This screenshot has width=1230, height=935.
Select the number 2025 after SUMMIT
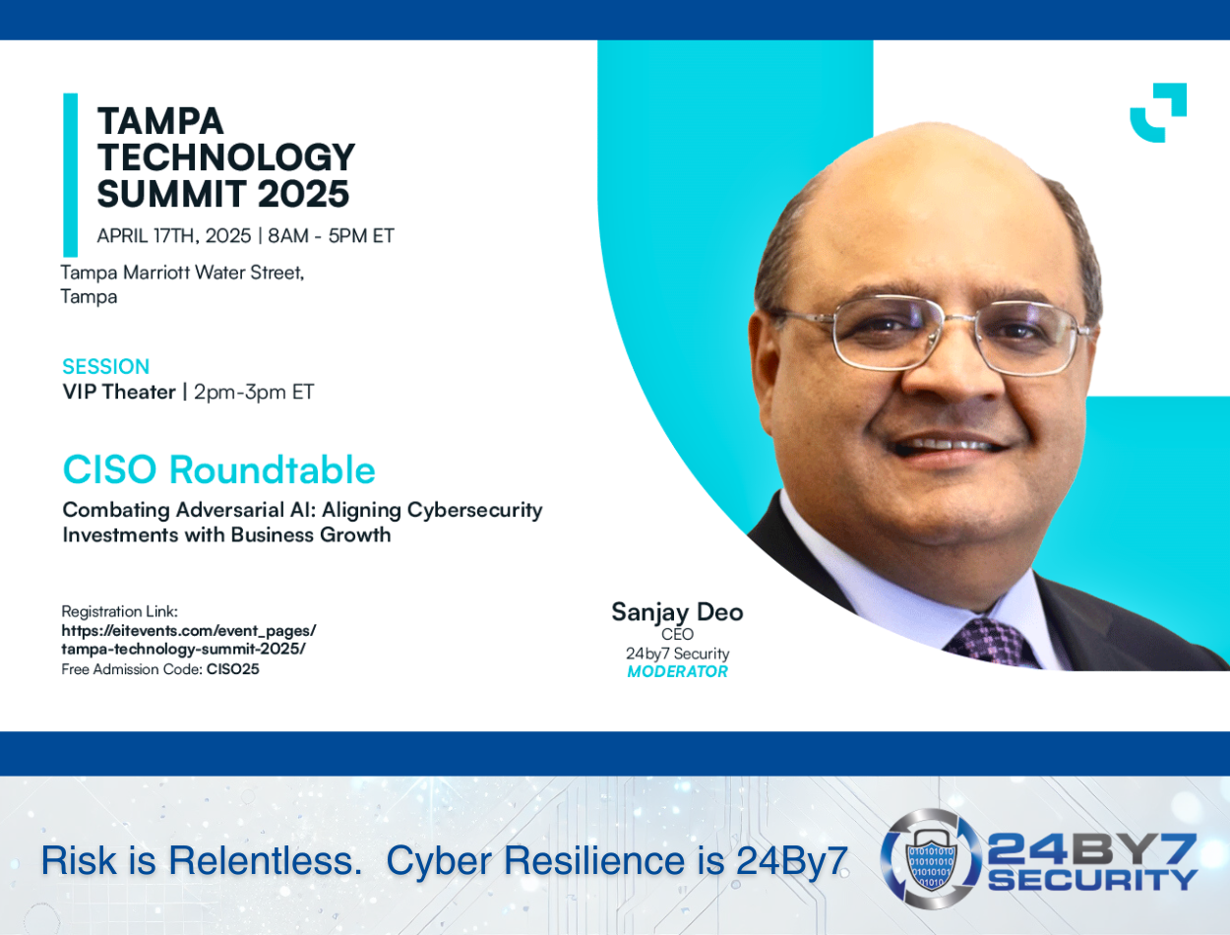click(x=303, y=194)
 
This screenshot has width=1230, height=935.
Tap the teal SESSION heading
click(x=106, y=366)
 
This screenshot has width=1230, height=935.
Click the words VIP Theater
click(x=119, y=392)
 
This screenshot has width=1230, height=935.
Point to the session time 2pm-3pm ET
click(x=254, y=392)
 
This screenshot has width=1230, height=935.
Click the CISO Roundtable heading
click(x=219, y=469)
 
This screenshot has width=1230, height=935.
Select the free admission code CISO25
click(x=232, y=669)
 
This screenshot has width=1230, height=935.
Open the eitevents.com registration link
click(x=188, y=640)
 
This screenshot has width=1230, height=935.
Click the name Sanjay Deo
click(x=677, y=612)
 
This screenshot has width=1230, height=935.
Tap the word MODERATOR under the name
click(x=677, y=671)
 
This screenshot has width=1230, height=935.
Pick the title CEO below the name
click(x=677, y=634)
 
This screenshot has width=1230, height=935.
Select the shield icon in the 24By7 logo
click(x=931, y=858)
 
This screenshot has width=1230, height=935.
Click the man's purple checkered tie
click(x=995, y=643)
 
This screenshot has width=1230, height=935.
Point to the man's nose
click(x=952, y=374)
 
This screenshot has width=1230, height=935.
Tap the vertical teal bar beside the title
click(x=70, y=175)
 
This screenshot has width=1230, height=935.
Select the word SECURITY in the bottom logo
click(x=1092, y=880)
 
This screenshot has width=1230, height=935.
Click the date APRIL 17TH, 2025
click(x=174, y=236)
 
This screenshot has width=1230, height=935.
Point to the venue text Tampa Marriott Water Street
click(x=182, y=273)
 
